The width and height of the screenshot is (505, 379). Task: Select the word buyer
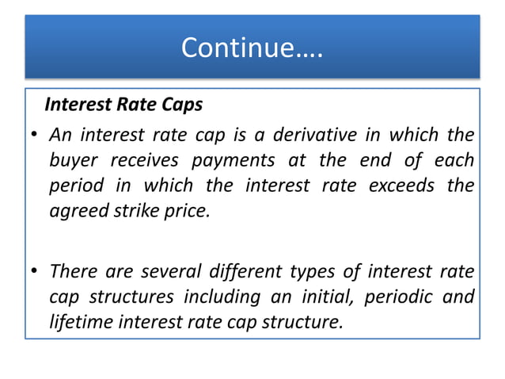coord(74,161)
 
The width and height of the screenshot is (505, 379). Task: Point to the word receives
coord(145,161)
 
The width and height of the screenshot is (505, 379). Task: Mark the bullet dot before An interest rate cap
coord(35,136)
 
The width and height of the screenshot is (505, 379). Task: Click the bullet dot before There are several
coord(35,271)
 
